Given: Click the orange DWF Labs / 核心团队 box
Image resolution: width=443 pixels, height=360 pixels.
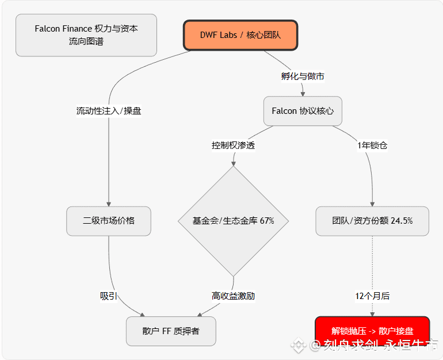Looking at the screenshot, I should click(x=240, y=35).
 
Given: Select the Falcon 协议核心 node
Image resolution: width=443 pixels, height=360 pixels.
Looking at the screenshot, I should click(x=303, y=111).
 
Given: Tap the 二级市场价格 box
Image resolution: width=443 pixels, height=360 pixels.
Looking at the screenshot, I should click(x=109, y=221).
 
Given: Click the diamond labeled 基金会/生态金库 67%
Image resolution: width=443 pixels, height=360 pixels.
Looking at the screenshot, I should click(x=233, y=221).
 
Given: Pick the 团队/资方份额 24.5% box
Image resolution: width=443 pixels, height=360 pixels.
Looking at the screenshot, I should click(x=372, y=221).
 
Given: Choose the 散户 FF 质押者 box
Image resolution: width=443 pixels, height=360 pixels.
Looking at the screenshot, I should click(x=171, y=331).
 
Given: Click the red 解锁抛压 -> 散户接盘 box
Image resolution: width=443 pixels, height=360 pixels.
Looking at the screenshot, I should click(x=372, y=331).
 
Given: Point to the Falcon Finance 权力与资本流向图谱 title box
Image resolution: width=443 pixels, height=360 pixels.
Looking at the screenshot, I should click(x=86, y=35).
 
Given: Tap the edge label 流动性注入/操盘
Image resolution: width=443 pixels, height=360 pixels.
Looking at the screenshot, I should click(x=109, y=111).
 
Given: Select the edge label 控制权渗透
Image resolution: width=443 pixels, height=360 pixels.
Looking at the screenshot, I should click(x=233, y=145).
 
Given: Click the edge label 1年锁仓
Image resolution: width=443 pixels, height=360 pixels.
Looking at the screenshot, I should click(x=372, y=145).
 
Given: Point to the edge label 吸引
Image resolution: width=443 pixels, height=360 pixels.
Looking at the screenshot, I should click(x=109, y=296).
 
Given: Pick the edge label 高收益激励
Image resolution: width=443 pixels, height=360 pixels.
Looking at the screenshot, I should click(x=233, y=296).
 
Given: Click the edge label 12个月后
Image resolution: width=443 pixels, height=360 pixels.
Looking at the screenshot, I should click(x=372, y=296).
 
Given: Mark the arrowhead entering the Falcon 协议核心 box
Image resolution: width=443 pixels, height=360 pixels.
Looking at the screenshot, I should click(x=303, y=93).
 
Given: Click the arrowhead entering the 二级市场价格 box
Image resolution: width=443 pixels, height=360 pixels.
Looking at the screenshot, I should click(x=109, y=203).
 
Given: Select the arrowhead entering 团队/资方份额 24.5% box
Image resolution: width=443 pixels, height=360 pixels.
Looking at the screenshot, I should click(x=372, y=203).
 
